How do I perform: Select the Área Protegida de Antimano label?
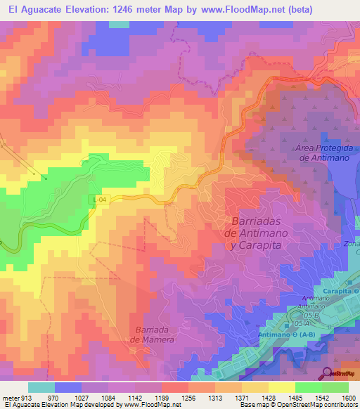tap(322, 153)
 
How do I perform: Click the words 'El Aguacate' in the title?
tap(34, 9)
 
